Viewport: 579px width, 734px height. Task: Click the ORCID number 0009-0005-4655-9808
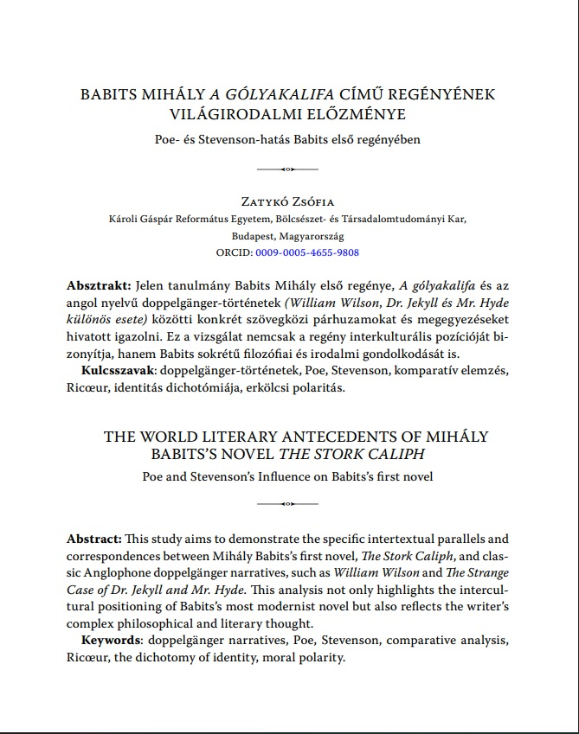tap(307, 252)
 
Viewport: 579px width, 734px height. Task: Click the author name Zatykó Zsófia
tap(289, 201)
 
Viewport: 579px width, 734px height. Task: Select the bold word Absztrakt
tap(96, 285)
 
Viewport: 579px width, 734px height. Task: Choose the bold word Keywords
tap(113, 641)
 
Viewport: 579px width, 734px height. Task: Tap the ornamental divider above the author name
tap(289, 168)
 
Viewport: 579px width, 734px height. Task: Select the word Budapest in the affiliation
tap(255, 235)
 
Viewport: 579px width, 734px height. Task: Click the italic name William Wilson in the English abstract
tap(394, 572)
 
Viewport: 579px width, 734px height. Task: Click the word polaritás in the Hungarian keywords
tap(318, 387)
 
